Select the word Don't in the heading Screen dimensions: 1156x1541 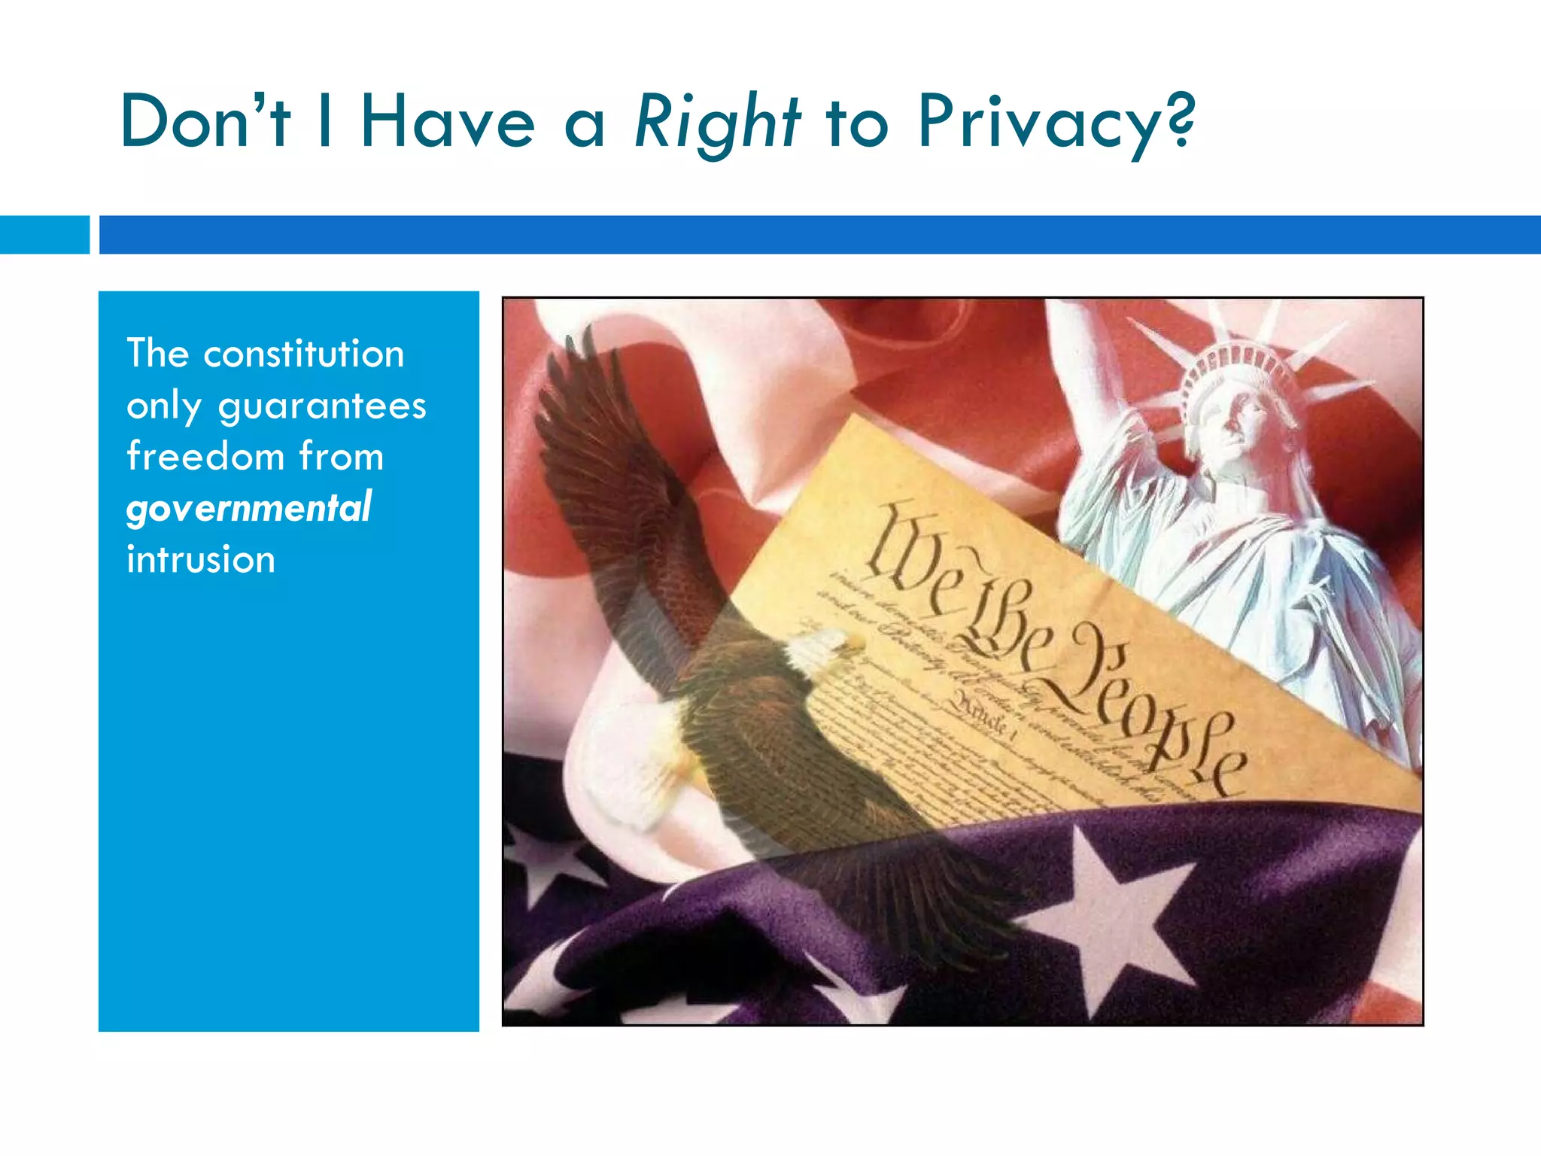[x=205, y=122]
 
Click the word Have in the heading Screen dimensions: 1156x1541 [x=447, y=122]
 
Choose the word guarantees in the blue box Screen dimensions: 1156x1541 [x=322, y=407]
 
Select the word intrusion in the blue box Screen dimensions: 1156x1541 [x=201, y=560]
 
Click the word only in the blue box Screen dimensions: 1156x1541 [x=164, y=407]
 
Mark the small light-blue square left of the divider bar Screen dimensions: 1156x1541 [x=44, y=235]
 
